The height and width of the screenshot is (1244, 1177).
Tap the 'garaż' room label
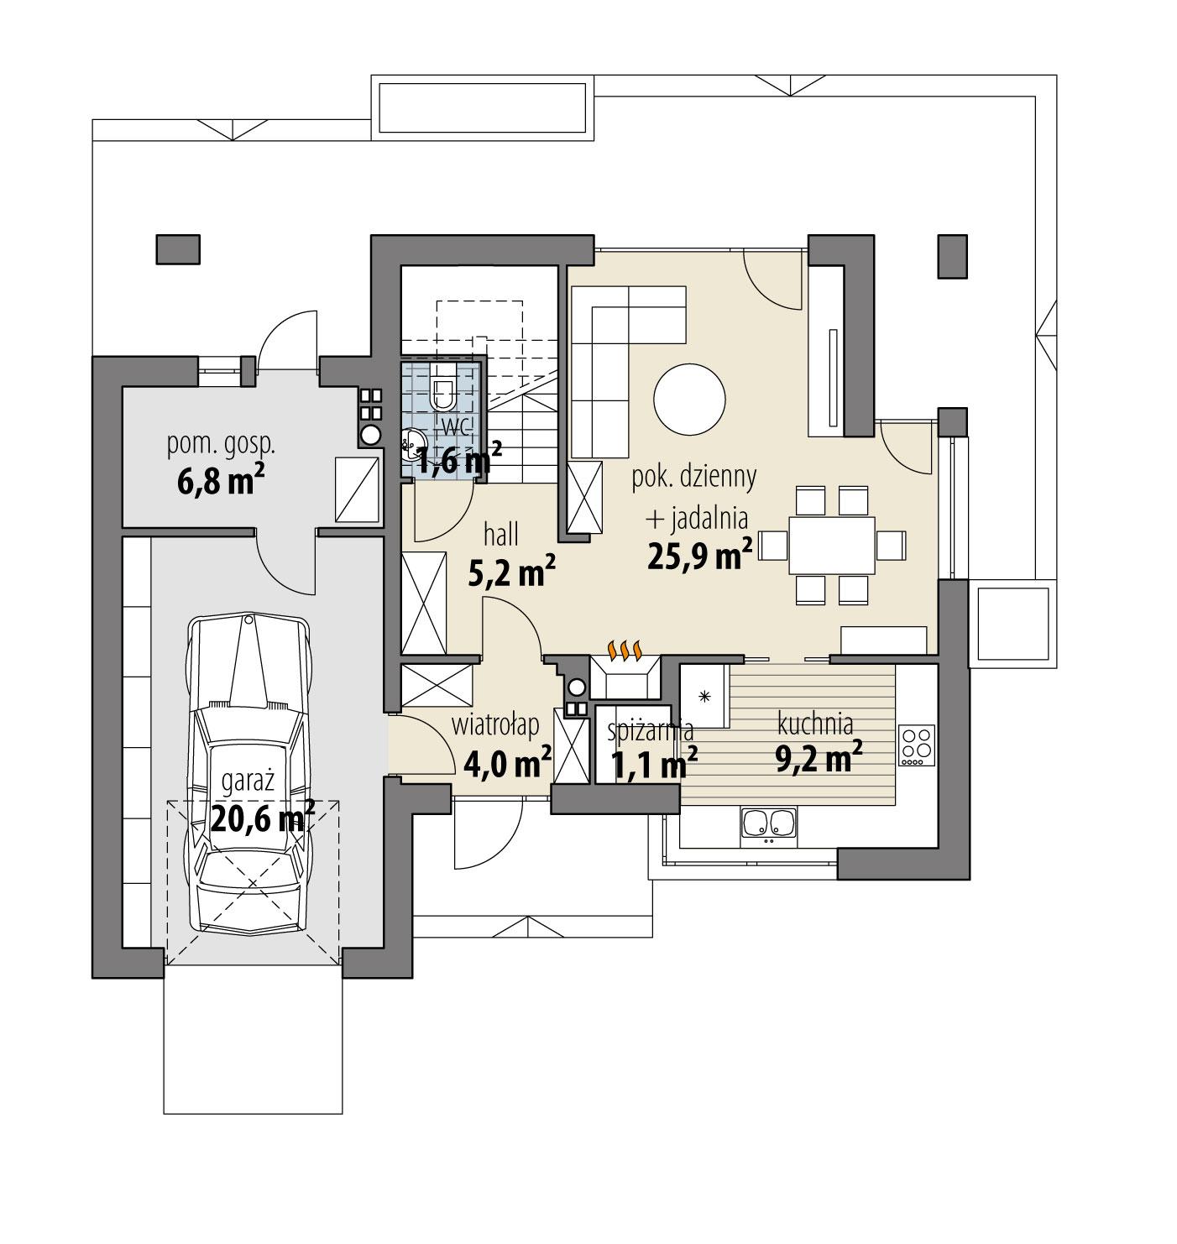248,781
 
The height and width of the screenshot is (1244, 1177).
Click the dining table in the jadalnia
831,545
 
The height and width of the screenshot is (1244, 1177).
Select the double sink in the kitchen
768,824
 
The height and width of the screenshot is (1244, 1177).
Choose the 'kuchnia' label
814,723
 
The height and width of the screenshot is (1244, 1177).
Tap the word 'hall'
500,534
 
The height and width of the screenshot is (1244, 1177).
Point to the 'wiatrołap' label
495,724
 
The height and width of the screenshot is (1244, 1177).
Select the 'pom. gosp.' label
221,445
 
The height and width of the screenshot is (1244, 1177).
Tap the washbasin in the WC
411,442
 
